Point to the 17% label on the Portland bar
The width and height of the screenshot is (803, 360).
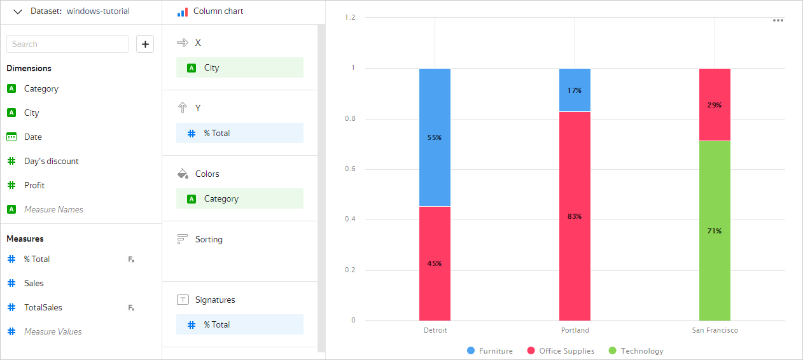[x=575, y=90]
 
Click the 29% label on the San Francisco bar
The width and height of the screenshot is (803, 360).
[x=715, y=105]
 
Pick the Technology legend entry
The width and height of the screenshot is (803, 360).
[x=636, y=351]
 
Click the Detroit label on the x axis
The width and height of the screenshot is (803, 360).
[x=435, y=330]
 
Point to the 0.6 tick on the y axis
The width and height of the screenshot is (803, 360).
[x=350, y=169]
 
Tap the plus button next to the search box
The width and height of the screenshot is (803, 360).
[x=145, y=44]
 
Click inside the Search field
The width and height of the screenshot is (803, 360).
[x=67, y=44]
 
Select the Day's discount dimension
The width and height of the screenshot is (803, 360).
[x=51, y=161]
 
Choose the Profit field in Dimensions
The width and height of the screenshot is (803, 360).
[x=34, y=185]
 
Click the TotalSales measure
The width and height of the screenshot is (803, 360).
[x=43, y=307]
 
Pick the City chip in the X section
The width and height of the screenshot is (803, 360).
[x=239, y=67]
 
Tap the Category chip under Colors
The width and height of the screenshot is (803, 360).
[x=239, y=198]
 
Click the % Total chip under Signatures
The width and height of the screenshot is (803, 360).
[x=239, y=324]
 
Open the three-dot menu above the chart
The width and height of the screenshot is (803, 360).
[x=778, y=20]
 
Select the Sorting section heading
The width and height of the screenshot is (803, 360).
[x=209, y=239]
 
